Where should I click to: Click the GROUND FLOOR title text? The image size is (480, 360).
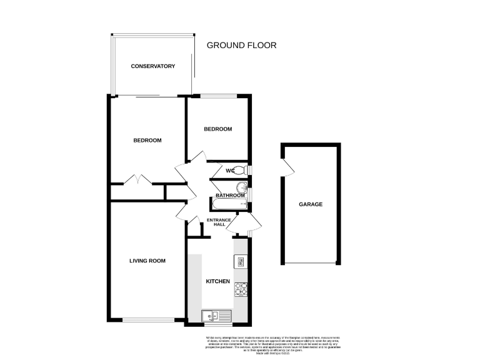tap(241, 45)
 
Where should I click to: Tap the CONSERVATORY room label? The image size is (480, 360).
tap(152, 66)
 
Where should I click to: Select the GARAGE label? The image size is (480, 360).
tap(311, 204)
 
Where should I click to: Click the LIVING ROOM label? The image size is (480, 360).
tap(147, 261)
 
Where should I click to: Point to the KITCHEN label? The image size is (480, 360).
tap(218, 281)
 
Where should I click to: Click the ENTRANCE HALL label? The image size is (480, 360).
tap(219, 222)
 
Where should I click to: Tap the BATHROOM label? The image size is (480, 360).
tap(229, 196)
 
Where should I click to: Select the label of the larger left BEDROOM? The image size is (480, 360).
tap(147, 141)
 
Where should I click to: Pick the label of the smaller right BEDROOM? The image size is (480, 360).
tap(218, 129)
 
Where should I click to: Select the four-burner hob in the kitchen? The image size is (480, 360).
tap(241, 289)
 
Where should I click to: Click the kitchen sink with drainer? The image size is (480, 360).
tap(216, 316)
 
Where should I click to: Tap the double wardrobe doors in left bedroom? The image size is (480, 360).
tap(137, 179)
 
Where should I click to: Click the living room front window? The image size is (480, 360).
tap(147, 320)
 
